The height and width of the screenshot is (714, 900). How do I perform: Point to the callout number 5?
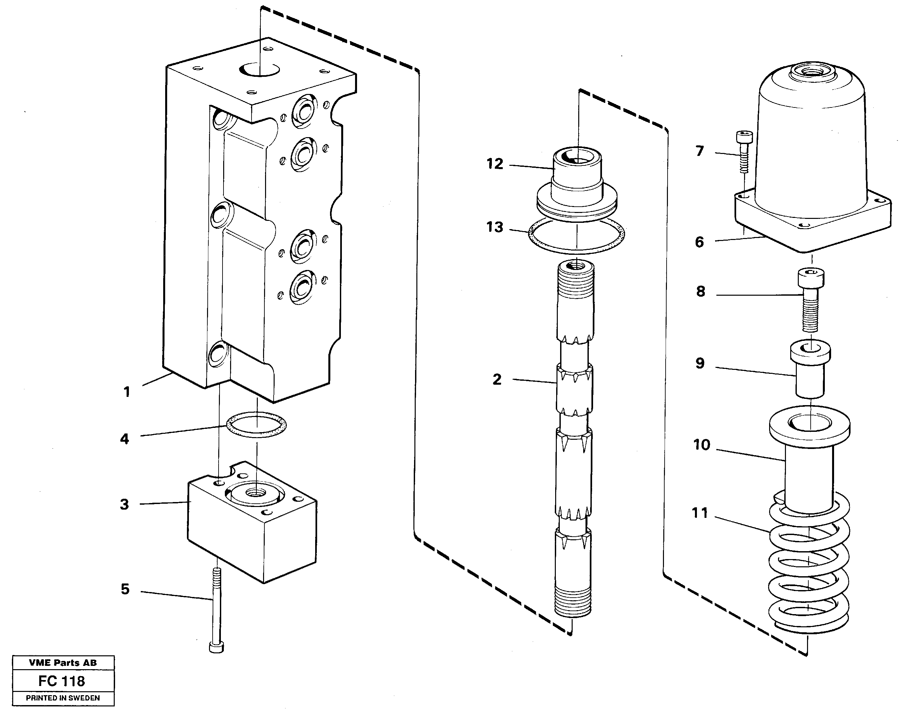coord(125,589)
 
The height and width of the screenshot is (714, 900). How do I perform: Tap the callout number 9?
coord(700,363)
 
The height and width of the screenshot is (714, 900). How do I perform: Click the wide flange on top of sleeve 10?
coord(809,430)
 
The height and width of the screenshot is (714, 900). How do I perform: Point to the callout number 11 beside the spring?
coord(700,513)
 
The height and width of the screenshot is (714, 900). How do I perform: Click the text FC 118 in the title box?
coord(62,681)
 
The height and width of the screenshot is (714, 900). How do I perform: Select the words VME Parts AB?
coord(63,663)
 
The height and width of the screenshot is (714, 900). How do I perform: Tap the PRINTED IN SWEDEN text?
coord(63,698)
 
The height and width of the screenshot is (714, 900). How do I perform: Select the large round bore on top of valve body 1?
coord(260,70)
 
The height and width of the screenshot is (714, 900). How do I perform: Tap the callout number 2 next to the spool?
coord(497,380)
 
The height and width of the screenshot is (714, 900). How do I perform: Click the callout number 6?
coord(700,242)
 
